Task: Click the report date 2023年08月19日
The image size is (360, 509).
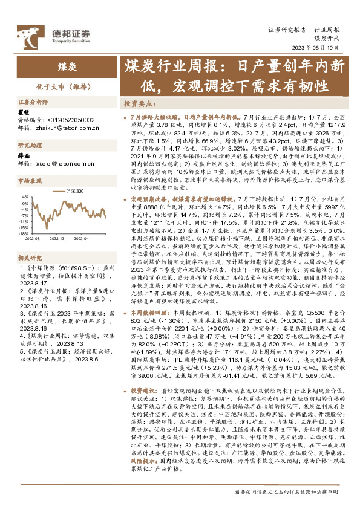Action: click(317, 49)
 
